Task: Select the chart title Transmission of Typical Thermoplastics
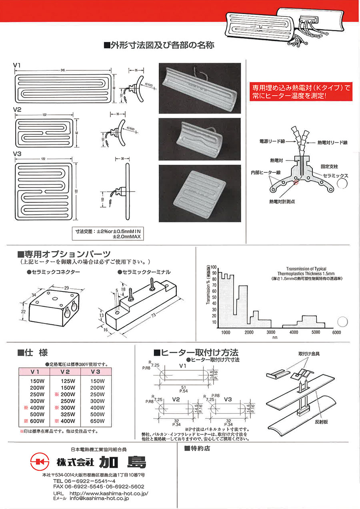pos(306,271)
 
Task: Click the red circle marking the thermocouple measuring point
pos(296,184)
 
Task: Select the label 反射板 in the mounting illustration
pos(324,422)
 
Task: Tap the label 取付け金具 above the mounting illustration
pos(309,354)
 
